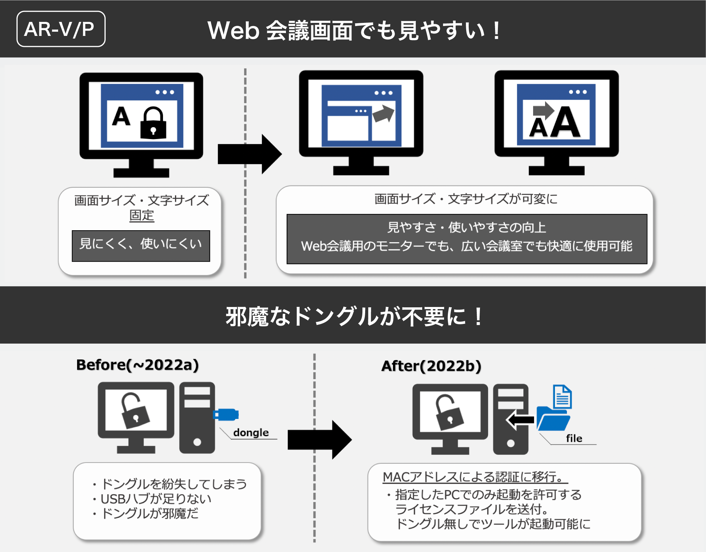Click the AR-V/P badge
(61, 29)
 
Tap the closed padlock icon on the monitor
(153, 123)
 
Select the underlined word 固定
(142, 215)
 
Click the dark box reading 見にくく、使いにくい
(141, 246)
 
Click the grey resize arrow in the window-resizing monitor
(383, 113)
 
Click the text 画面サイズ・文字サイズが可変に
(466, 199)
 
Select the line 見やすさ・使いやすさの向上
(467, 227)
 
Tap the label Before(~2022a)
(137, 365)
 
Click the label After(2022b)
(431, 366)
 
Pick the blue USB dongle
(226, 415)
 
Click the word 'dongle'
(251, 432)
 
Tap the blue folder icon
(552, 418)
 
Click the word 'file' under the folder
(574, 438)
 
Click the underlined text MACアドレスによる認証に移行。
(474, 477)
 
